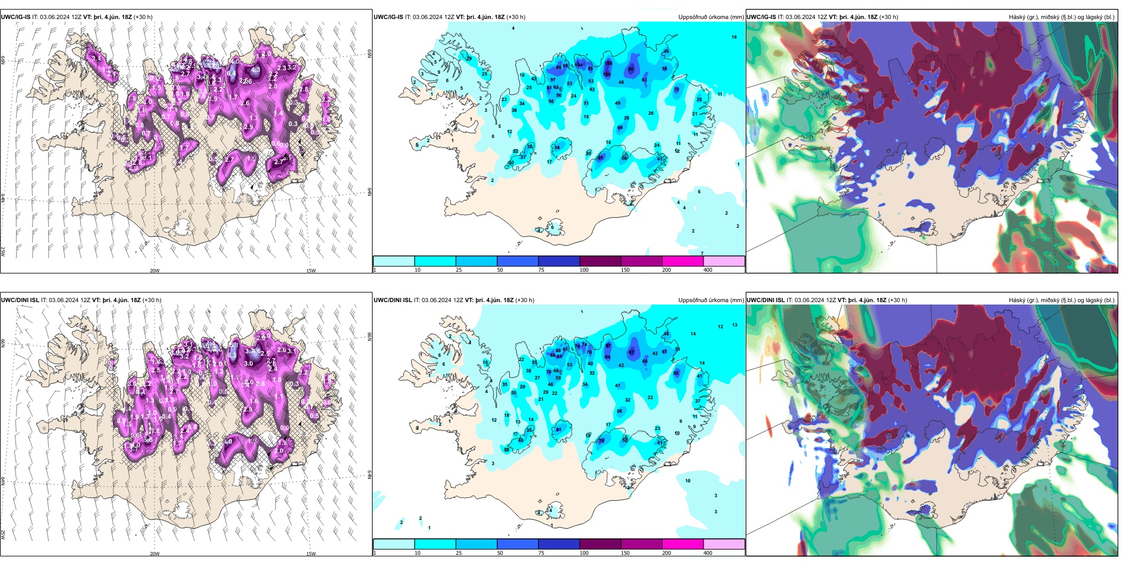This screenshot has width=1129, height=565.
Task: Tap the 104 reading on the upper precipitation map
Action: click(578, 65)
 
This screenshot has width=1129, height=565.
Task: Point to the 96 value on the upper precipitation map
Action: click(631, 70)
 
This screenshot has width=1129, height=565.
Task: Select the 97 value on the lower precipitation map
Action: click(632, 353)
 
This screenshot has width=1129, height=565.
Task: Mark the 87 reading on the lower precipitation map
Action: click(608, 346)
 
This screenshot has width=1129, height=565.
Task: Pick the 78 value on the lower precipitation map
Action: click(601, 441)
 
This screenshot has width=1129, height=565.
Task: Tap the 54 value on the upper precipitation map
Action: click(557, 147)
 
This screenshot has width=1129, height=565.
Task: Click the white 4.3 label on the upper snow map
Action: click(256, 70)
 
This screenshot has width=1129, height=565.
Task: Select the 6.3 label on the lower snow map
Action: click(232, 355)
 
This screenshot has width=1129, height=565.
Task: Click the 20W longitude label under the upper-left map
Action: click(154, 271)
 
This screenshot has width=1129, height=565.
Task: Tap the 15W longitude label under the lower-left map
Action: click(311, 554)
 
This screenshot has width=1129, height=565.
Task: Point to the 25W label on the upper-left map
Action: click(4, 252)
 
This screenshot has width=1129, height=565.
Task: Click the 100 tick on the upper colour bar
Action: click(584, 270)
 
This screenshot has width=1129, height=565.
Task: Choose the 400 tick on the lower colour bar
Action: click(708, 553)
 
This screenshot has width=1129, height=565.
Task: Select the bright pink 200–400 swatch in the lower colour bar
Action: click(683, 544)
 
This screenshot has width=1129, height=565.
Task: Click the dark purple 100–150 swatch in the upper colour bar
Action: click(600, 261)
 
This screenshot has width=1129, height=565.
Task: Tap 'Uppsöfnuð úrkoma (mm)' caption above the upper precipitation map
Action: click(711, 17)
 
